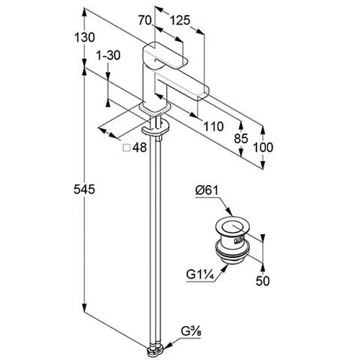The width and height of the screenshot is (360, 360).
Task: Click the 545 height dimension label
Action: [84, 189]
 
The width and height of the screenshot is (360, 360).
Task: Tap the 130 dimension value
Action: [84, 37]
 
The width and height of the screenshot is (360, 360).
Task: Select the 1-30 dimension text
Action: [108, 55]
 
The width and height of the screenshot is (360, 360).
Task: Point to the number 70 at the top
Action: [145, 20]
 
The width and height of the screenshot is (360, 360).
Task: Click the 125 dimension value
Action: [180, 20]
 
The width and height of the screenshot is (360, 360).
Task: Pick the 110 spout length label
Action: [213, 126]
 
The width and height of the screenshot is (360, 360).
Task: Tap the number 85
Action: [241, 138]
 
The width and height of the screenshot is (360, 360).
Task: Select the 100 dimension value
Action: [263, 148]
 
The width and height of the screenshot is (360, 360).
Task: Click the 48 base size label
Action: [140, 148]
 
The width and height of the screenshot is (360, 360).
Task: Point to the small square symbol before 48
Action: [127, 148]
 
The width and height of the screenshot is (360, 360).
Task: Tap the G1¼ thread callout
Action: [200, 274]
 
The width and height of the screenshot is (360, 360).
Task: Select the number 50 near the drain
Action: [263, 281]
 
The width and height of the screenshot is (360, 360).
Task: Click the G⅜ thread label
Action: [191, 332]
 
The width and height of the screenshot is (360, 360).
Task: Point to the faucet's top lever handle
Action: [165, 55]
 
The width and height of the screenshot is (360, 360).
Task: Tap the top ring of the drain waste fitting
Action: [231, 227]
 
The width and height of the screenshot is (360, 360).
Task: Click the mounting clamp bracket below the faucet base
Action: [156, 127]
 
